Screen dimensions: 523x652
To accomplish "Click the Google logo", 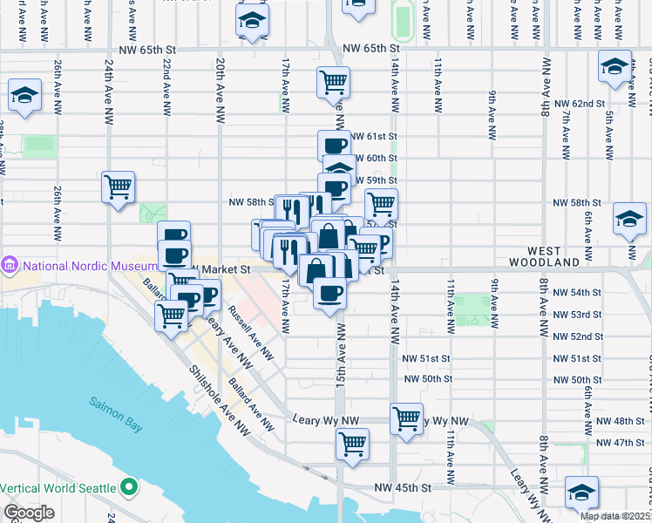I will pos(29,513).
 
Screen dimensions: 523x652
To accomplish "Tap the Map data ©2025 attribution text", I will pos(614,516).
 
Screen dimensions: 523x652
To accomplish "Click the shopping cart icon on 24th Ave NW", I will pos(118,187).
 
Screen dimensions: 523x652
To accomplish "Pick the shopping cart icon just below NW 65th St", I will pos(333,83).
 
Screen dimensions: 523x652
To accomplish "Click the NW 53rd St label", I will pos(577,314).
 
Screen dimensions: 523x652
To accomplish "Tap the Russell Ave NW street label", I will pos(251,333).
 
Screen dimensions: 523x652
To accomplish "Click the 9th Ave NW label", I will pos(492,113).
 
